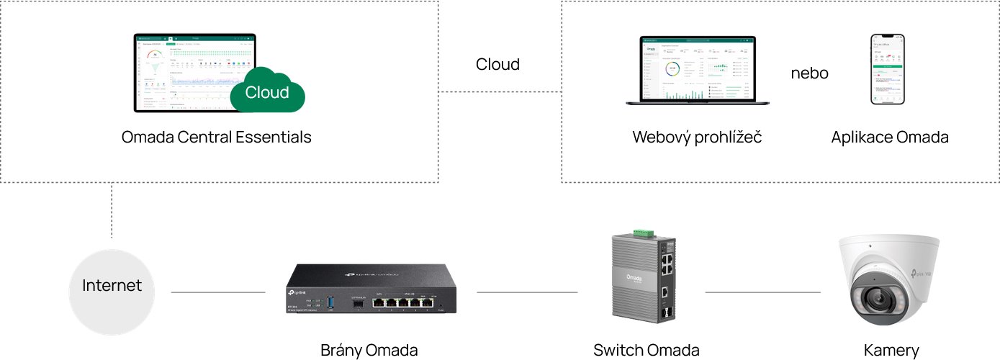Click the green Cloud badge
(x=267, y=92)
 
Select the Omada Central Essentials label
(x=216, y=137)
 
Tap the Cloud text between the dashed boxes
(x=497, y=64)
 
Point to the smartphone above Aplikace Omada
(x=888, y=69)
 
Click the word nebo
(x=809, y=73)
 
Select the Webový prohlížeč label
(x=697, y=137)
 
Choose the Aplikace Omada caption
(x=889, y=137)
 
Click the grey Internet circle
(x=112, y=292)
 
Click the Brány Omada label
(x=369, y=351)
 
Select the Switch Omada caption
(x=646, y=351)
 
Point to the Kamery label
(x=891, y=351)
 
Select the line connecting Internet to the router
(x=217, y=292)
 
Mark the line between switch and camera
(x=762, y=292)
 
